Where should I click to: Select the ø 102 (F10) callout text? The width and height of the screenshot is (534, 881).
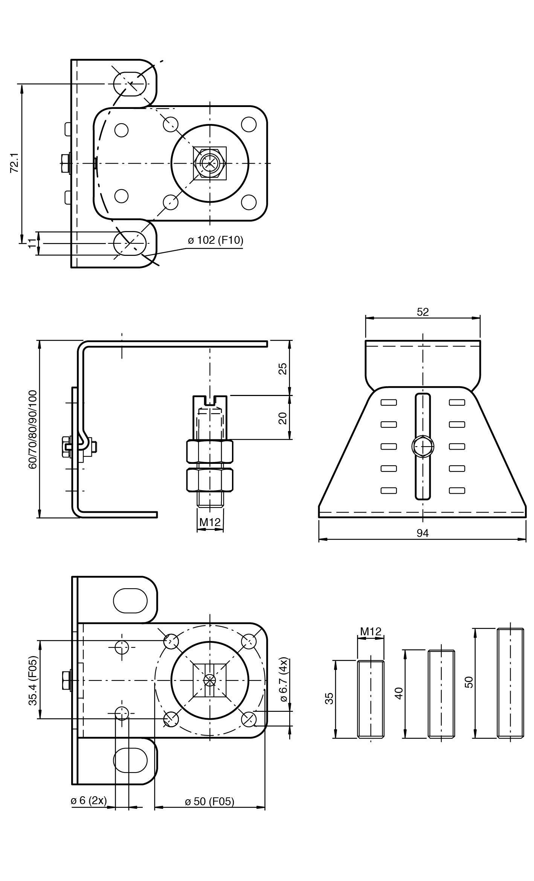(x=216, y=240)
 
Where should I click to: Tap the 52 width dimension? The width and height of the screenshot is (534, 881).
(x=423, y=312)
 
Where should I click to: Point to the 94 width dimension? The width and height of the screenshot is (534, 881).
(x=423, y=533)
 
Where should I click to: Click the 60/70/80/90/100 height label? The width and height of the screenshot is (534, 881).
(x=33, y=430)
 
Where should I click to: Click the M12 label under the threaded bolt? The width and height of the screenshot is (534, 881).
(x=210, y=522)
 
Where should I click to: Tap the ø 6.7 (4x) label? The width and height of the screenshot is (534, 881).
(x=284, y=679)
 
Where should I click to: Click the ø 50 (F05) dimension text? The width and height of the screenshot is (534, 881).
(x=209, y=801)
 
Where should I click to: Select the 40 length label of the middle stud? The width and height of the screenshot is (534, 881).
(x=399, y=693)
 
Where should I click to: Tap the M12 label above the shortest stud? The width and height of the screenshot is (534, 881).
(x=371, y=631)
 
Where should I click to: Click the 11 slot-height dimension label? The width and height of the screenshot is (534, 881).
(x=33, y=243)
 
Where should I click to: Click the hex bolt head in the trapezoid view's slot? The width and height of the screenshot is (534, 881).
(x=423, y=447)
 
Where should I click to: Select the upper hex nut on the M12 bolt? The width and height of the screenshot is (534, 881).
(x=210, y=451)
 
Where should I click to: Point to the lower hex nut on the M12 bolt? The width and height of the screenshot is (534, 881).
(x=210, y=480)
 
